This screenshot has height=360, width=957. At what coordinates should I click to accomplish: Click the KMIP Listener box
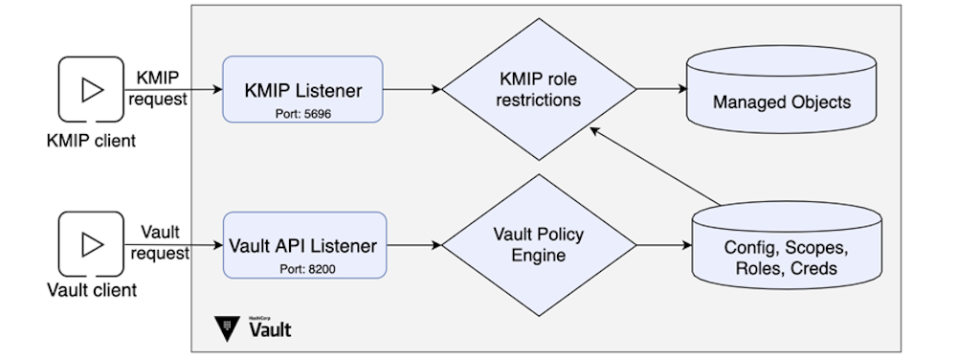click(302, 88)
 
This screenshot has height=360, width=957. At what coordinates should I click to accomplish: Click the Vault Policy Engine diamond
click(538, 245)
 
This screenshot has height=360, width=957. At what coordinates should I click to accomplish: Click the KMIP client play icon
click(91, 90)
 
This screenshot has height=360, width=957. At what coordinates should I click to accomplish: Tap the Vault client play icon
click(91, 245)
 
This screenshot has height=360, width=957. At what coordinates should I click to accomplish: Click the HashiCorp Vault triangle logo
click(227, 329)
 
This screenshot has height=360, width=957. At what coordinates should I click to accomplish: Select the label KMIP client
click(91, 141)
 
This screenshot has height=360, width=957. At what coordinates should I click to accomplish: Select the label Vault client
click(91, 290)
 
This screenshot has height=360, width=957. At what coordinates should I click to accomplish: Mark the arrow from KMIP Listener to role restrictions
click(412, 90)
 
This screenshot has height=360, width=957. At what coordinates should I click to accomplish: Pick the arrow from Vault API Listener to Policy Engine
click(413, 245)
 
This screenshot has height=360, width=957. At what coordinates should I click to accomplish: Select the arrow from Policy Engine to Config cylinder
click(662, 245)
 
